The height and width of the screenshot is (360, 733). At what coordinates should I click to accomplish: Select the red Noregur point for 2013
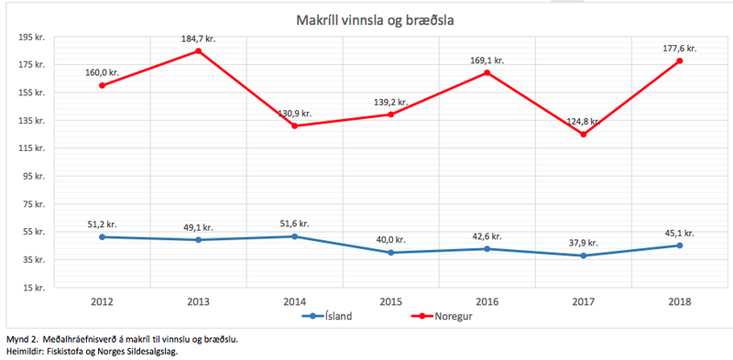tap(198, 51)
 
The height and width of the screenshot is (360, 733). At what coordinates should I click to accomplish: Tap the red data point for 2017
tap(583, 135)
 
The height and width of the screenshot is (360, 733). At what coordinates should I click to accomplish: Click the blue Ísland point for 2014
tap(294, 236)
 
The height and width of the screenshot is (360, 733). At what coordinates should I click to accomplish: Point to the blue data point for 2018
tap(679, 245)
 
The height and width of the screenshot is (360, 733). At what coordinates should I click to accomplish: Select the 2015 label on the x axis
tap(390, 300)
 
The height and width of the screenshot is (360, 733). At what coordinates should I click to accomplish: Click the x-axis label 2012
tap(102, 300)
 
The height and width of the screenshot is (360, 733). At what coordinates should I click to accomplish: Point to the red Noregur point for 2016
tap(487, 73)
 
